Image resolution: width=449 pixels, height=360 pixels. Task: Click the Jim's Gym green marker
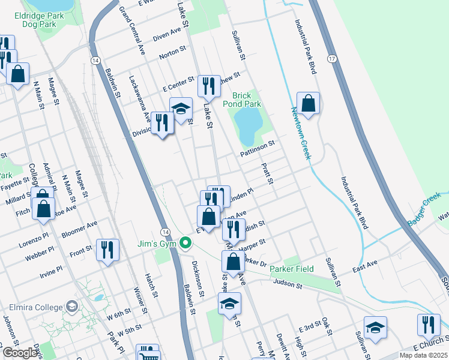pyautogui.click(x=186, y=243)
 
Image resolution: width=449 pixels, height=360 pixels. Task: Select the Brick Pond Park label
pyautogui.click(x=247, y=100)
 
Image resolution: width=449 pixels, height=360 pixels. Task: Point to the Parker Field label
pyautogui.click(x=291, y=269)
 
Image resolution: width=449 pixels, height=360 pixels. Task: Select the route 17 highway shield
pyautogui.click(x=331, y=58)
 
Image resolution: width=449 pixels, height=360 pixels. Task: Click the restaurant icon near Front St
pyautogui.click(x=107, y=249)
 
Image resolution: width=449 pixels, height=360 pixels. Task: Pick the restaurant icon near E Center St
pyautogui.click(x=208, y=86)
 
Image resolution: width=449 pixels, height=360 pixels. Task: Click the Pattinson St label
pyautogui.click(x=258, y=148)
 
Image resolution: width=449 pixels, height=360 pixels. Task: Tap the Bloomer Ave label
pyautogui.click(x=83, y=229)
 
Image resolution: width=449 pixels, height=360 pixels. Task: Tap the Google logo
pyautogui.click(x=20, y=353)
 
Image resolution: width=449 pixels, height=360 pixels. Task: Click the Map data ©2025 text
pyautogui.click(x=423, y=355)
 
